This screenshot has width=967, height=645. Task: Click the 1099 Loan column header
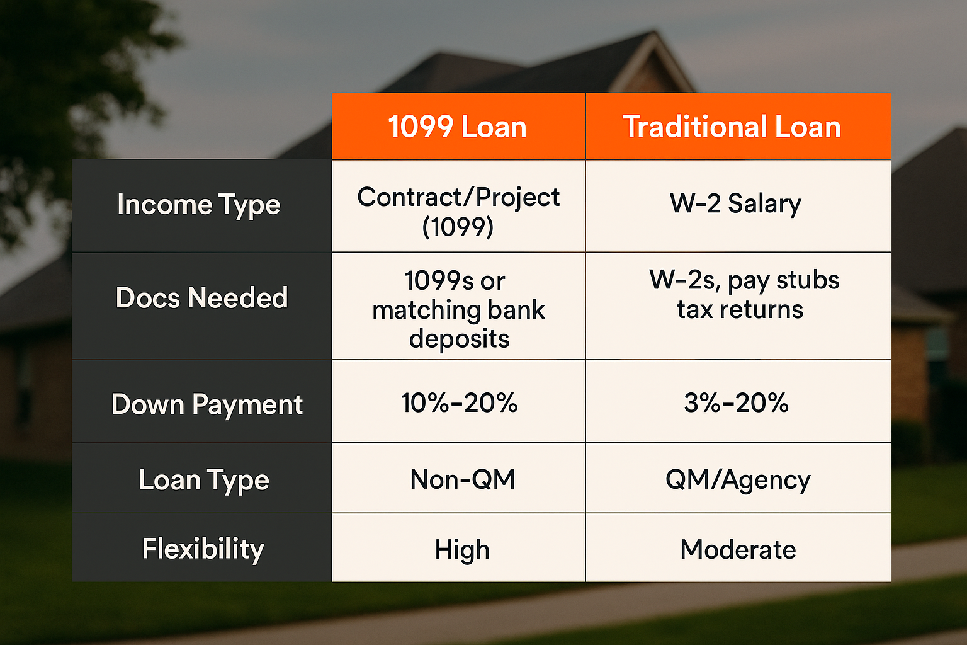[x=458, y=127]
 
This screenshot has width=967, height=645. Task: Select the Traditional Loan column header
[x=732, y=127]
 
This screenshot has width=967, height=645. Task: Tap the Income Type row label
[x=198, y=205]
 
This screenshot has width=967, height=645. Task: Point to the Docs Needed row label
[x=201, y=298]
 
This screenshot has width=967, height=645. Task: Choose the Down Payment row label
[x=207, y=405]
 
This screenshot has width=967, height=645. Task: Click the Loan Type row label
[x=204, y=481]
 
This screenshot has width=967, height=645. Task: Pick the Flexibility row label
[x=203, y=549]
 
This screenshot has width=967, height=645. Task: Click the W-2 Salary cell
[x=735, y=203]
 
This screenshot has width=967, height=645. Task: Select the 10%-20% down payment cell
[x=460, y=402]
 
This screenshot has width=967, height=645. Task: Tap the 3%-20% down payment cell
[x=737, y=402]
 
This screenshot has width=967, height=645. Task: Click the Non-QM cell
[x=463, y=479]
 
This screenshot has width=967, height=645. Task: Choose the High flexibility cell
[x=462, y=550]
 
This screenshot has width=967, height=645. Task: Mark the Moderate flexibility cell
[x=738, y=549]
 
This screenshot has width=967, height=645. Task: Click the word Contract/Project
[x=458, y=197]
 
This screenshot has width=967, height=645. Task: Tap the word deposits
[x=460, y=339]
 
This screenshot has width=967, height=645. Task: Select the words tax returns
[x=740, y=310]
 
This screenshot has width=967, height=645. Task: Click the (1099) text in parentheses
[x=458, y=227]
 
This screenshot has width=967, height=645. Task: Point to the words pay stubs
[x=784, y=281]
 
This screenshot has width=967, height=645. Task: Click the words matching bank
[x=459, y=310]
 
